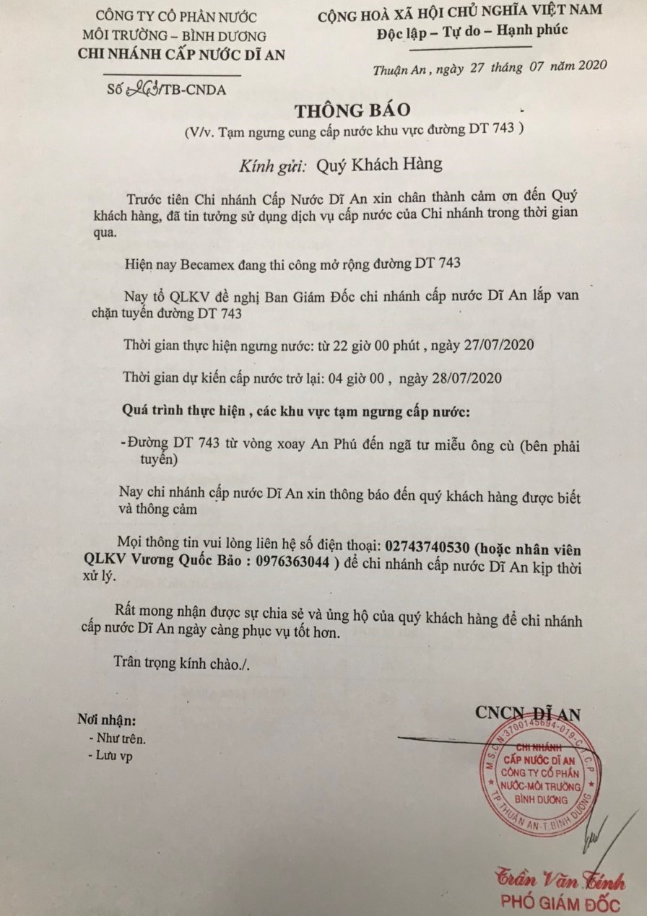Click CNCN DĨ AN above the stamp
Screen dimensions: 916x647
tap(528, 712)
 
